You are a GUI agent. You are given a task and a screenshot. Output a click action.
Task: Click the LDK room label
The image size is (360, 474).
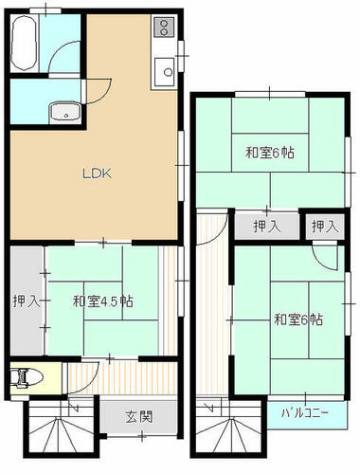[x=97, y=173]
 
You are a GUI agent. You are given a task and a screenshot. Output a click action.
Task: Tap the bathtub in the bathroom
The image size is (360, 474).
[x=25, y=44]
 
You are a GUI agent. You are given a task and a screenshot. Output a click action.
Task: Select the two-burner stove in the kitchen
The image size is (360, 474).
[x=164, y=27]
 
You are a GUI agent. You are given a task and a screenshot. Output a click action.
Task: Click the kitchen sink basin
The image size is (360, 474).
[x=164, y=72]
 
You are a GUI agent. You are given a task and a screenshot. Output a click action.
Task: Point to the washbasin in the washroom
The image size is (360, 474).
[x=65, y=112]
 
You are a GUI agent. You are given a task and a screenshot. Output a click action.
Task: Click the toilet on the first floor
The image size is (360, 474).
[x=27, y=378]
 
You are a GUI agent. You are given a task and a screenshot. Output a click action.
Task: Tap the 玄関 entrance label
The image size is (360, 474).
[x=139, y=417]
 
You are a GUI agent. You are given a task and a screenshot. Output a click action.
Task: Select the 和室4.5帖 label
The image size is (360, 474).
[x=102, y=301]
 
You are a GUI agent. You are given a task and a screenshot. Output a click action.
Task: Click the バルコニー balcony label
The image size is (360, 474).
[x=305, y=412]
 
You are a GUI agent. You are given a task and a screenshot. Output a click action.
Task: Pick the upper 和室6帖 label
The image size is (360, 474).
[x=270, y=153]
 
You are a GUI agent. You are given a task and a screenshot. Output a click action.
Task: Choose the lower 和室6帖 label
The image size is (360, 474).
[x=298, y=319]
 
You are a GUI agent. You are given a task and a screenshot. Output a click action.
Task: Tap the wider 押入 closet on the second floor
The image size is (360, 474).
[x=267, y=227]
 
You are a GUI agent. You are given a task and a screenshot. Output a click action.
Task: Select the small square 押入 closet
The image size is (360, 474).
[x=325, y=227]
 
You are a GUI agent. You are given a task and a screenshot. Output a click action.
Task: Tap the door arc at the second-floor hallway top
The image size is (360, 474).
[x=218, y=235]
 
